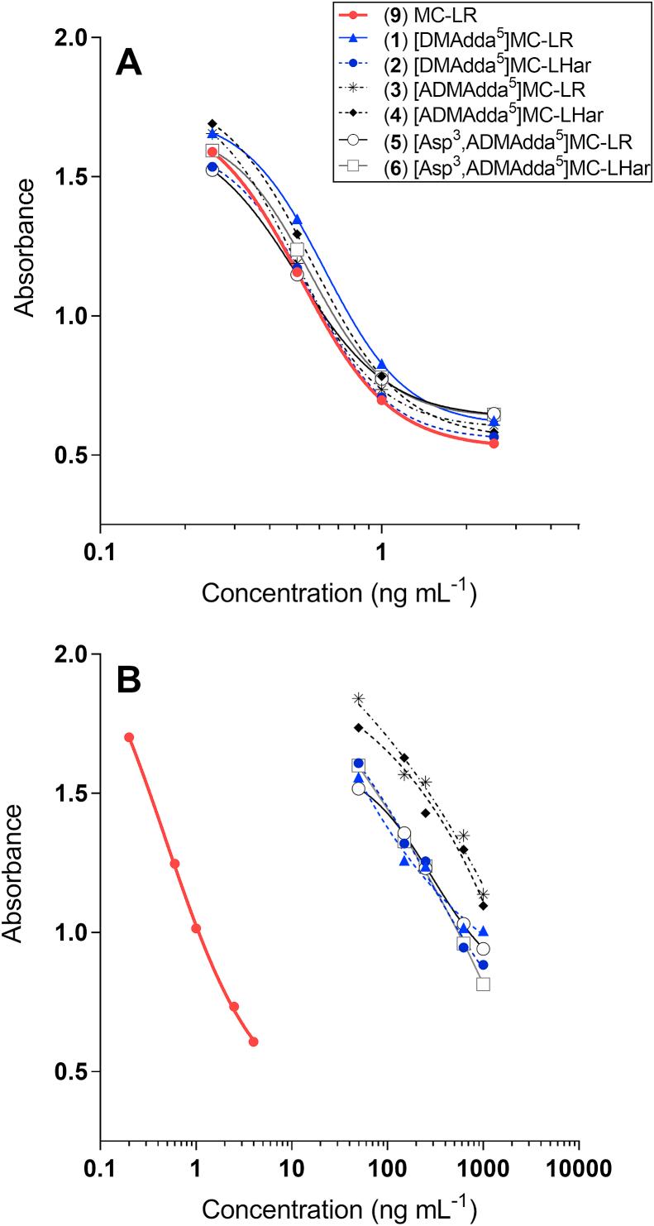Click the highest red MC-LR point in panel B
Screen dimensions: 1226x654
click(129, 737)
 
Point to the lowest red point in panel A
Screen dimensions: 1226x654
click(494, 443)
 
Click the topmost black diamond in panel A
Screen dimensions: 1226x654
click(212, 123)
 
